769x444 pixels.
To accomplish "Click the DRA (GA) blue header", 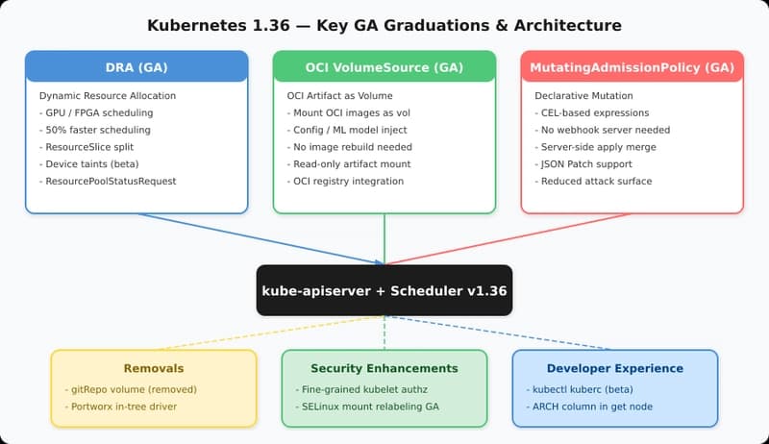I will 136,67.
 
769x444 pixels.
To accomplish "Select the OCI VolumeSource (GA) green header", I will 384,67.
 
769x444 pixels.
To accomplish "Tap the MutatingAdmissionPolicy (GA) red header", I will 632,67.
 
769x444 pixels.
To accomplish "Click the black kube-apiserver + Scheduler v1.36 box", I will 384,290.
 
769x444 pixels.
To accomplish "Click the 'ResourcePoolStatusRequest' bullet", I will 98,181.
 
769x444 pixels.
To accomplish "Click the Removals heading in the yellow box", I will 153,368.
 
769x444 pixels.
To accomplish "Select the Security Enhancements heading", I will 384,368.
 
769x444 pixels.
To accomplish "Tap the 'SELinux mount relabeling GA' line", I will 370,407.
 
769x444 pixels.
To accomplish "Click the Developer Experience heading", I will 615,368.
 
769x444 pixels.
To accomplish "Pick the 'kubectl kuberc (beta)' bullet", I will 583,389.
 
